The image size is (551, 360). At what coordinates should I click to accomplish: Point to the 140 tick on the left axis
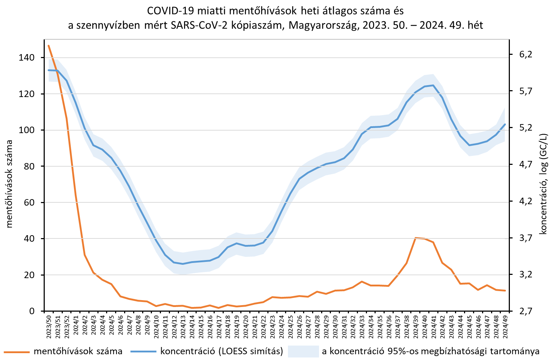pos(27,58)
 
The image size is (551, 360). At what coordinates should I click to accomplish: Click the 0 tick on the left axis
pos(32,311)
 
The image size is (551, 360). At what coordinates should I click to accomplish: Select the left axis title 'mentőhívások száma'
pos(9,184)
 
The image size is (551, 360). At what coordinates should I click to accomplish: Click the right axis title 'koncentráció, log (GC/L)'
pos(543,184)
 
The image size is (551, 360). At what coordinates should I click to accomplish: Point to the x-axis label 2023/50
pos(49,326)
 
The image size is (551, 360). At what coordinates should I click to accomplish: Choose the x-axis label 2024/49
pos(505,326)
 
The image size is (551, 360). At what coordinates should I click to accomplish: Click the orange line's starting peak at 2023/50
pos(49,45)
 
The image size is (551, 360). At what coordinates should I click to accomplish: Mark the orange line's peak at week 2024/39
pos(416,238)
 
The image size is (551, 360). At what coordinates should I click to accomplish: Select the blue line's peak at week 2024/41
pos(433,85)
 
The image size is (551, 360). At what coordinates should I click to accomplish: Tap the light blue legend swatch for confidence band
pos(303,351)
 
